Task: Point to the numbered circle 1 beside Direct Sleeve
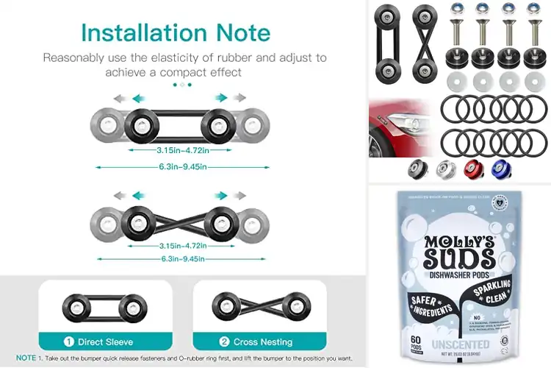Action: point(68,342)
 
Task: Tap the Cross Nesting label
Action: point(263,342)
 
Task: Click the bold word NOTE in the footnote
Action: point(26,357)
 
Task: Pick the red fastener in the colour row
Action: point(473,169)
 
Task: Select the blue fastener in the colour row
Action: point(501,169)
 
